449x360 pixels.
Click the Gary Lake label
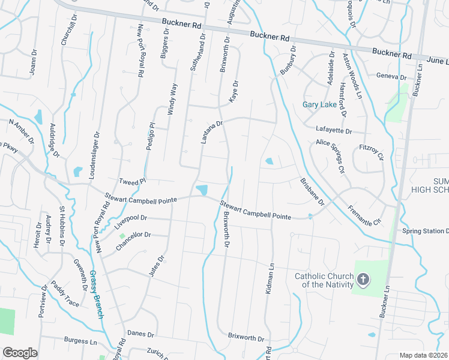(319, 104)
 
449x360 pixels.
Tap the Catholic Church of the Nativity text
(324, 280)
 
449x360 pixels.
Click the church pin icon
(363, 280)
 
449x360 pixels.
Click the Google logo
(20, 353)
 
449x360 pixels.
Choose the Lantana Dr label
(212, 132)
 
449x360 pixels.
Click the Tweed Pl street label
(133, 181)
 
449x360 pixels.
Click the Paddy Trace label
(64, 294)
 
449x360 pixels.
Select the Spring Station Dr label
(425, 231)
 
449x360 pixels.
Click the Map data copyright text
(424, 355)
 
